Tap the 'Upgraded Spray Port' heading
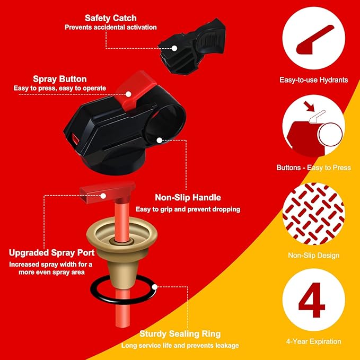point(50,252)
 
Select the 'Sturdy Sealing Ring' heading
point(180,333)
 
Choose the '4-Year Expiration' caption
point(314,341)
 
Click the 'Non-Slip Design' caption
point(313,256)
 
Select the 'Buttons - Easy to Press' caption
point(313,168)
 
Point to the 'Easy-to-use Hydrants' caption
point(313,80)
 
